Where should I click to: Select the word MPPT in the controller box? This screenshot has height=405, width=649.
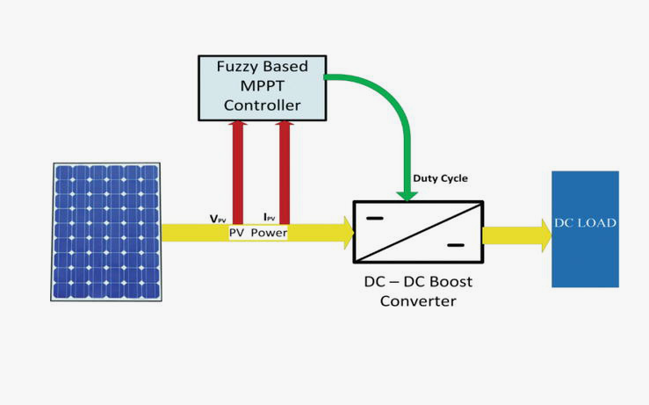click(x=263, y=86)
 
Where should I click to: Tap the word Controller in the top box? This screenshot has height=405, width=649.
click(x=262, y=105)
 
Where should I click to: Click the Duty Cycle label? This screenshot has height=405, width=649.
click(x=441, y=178)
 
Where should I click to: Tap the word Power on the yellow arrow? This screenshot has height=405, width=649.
click(x=269, y=234)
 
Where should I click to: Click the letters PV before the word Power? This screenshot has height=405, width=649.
click(x=237, y=234)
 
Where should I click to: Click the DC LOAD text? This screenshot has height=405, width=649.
click(x=585, y=223)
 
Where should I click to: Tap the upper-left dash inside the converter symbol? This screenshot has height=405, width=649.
click(x=375, y=218)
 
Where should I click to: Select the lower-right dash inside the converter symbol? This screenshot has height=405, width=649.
click(x=455, y=245)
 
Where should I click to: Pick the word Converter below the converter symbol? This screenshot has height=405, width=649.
click(x=418, y=301)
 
